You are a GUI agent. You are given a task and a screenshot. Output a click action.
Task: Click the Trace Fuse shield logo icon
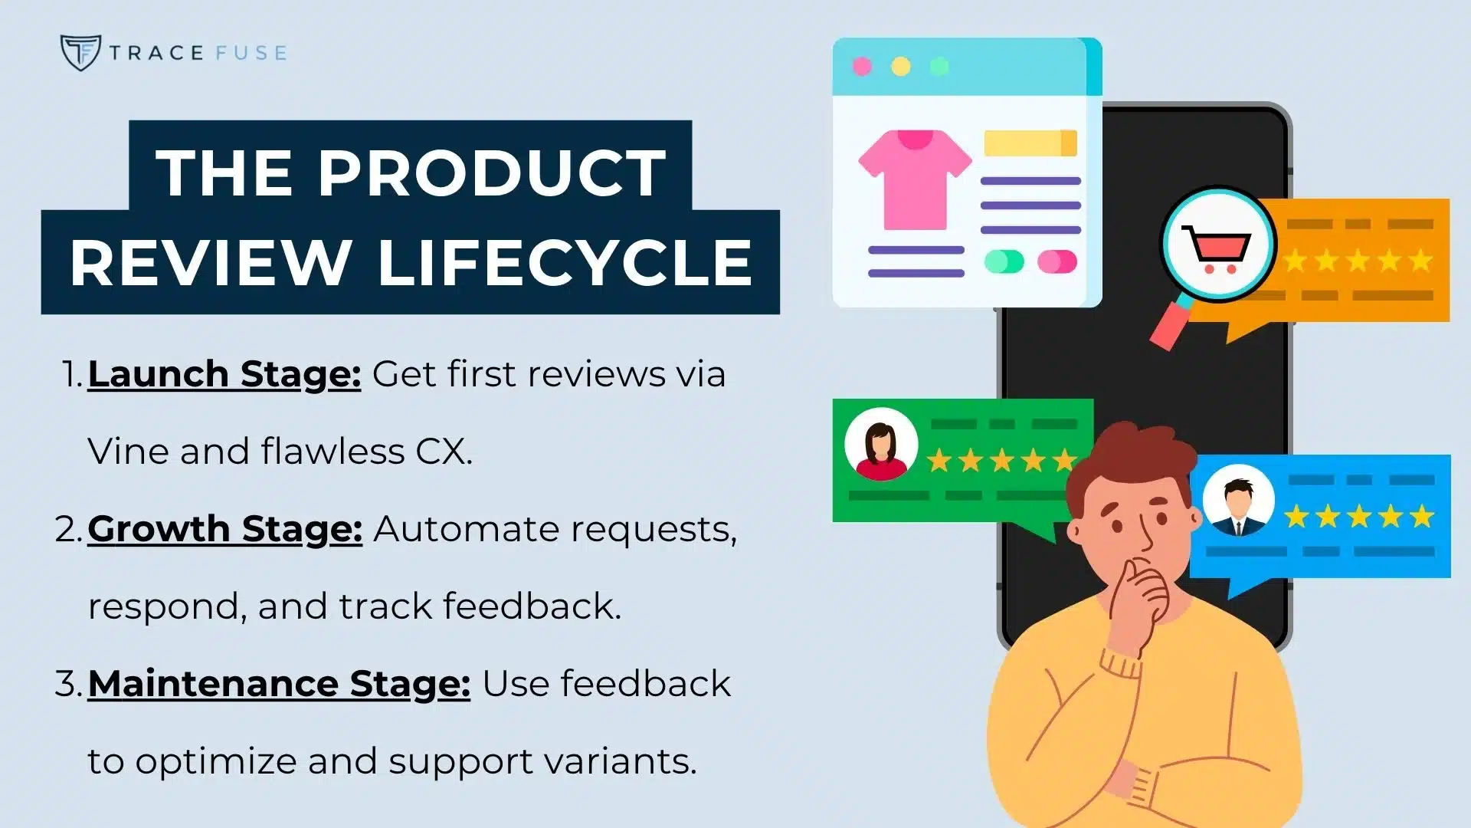(x=80, y=52)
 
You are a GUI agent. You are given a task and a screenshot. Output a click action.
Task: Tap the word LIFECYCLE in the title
(x=565, y=263)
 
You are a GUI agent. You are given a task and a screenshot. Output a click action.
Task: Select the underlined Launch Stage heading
(x=224, y=375)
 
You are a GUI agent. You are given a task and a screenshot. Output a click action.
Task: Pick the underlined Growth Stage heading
(x=224, y=529)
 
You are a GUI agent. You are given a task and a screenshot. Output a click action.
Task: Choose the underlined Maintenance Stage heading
(x=279, y=684)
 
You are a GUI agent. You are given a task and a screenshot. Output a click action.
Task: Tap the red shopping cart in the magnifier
(x=1216, y=247)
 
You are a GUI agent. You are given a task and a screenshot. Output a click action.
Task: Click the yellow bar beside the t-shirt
(x=1030, y=143)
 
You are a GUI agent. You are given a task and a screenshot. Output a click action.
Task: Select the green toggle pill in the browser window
(x=1004, y=261)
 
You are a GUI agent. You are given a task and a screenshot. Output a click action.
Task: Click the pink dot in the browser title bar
(x=862, y=67)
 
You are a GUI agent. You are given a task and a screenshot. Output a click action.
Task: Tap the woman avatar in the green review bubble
(x=881, y=445)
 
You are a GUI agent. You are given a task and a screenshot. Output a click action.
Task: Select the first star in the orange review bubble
(x=1295, y=261)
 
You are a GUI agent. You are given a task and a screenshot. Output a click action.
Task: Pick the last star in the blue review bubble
(x=1422, y=516)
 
